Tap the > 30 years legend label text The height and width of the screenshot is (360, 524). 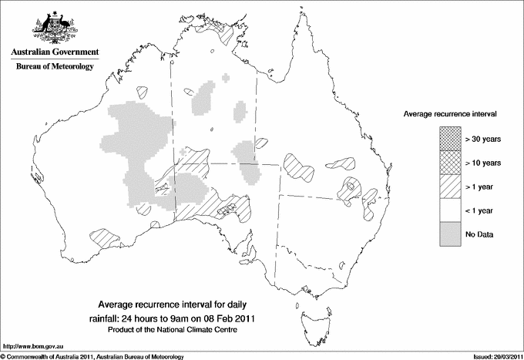click(483, 140)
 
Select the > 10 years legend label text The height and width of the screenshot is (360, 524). click(483, 163)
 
